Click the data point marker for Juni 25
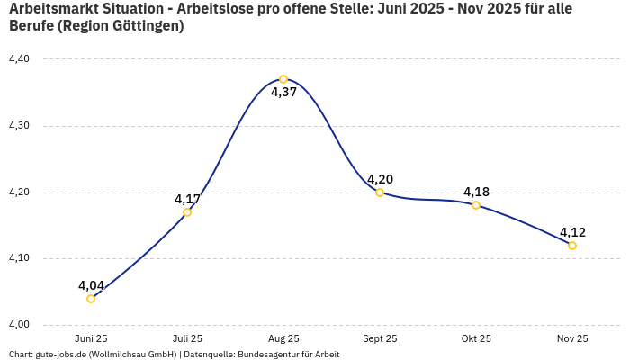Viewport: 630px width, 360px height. [x=91, y=299]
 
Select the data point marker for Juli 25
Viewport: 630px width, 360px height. [x=187, y=212]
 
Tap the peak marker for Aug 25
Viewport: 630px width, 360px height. [x=283, y=79]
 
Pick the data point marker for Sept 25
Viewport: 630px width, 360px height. [x=380, y=193]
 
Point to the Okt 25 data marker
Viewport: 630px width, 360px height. [x=476, y=205]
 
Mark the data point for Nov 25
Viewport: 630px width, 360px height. [x=572, y=246]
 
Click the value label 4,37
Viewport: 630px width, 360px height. [x=283, y=93]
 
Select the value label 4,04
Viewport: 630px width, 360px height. [x=91, y=285]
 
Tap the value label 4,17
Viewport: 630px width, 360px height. [x=187, y=199]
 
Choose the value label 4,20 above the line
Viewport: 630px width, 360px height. [x=380, y=179]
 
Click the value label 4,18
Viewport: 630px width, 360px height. [x=476, y=192]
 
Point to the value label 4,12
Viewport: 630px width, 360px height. [x=572, y=232]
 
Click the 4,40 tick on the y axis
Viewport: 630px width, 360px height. [x=19, y=59]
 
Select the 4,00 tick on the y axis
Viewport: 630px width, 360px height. [x=19, y=325]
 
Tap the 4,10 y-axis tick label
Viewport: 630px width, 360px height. [x=19, y=258]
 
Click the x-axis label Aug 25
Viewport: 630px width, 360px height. [x=283, y=339]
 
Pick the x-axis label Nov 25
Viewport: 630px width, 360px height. [x=572, y=339]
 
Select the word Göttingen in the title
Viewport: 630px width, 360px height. [x=146, y=26]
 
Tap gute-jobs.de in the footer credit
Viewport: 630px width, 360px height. [x=60, y=355]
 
